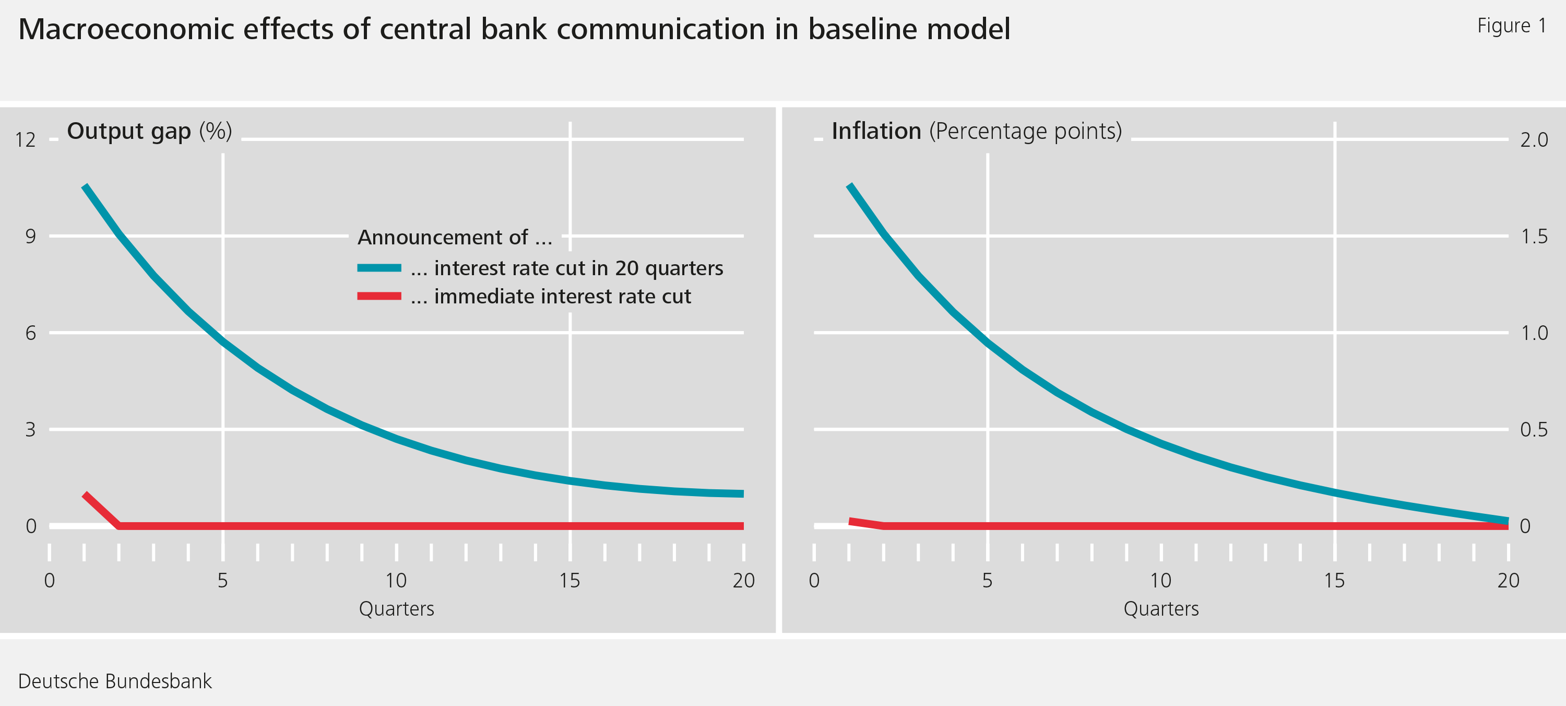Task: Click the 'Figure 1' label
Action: point(1511,26)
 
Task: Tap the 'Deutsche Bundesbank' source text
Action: point(115,681)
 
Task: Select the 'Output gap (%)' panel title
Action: point(149,132)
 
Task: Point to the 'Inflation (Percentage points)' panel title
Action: point(976,132)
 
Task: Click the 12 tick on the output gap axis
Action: point(26,140)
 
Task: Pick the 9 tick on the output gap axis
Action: point(30,236)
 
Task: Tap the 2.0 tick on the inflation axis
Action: point(1534,140)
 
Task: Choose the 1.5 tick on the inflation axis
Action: point(1534,236)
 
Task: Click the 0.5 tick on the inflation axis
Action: point(1534,429)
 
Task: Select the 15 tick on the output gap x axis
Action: point(570,581)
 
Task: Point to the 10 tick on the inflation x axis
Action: point(1160,581)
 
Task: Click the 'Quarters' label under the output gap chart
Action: point(396,609)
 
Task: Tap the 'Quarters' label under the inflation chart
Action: point(1160,609)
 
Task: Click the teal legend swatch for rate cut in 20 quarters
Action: point(379,267)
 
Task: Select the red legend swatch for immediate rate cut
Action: point(379,296)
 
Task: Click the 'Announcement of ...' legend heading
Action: point(455,237)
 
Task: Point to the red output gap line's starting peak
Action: point(85,494)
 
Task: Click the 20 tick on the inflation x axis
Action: point(1508,581)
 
